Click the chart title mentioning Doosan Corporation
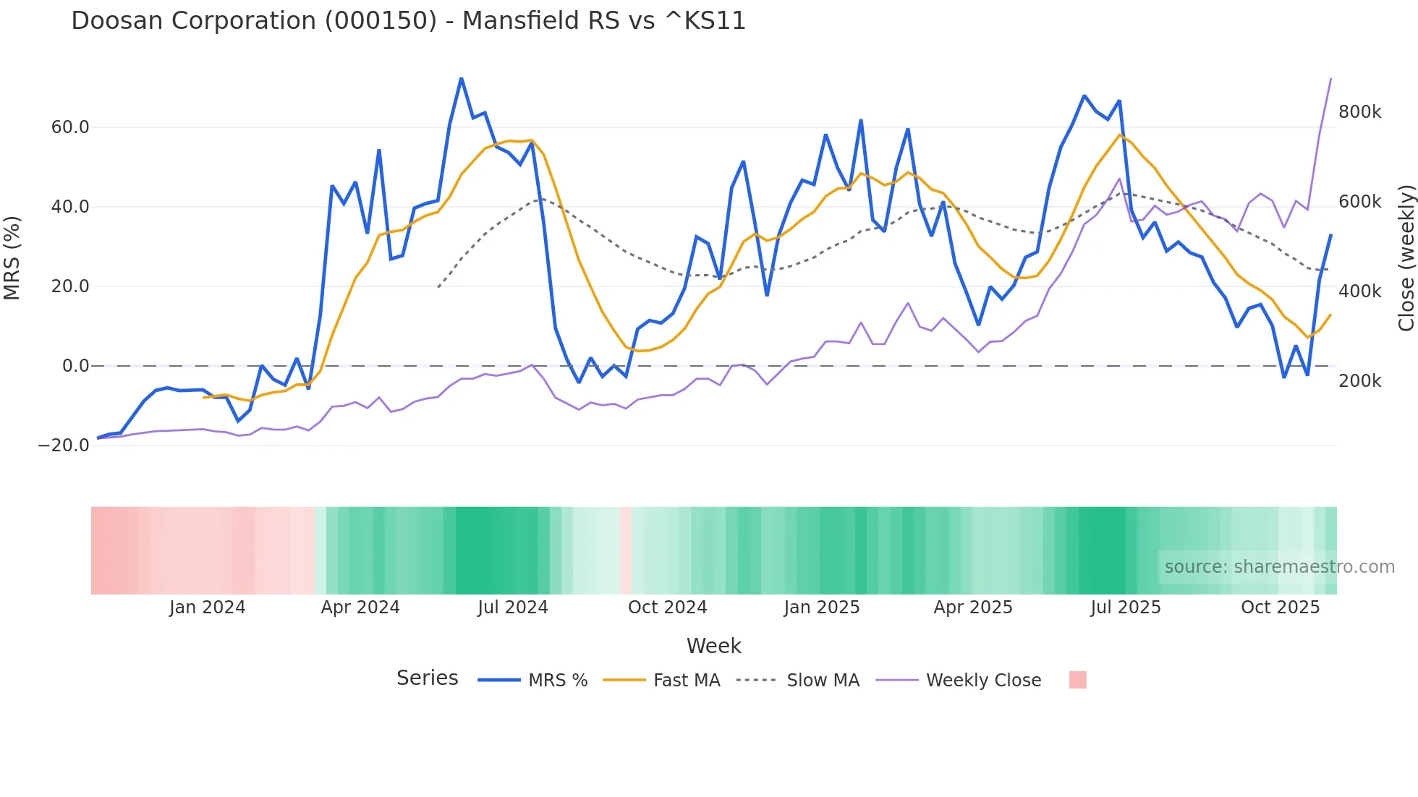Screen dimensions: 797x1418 (x=408, y=21)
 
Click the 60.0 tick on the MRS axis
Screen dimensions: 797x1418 (x=69, y=127)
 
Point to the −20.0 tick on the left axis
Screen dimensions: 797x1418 (x=64, y=446)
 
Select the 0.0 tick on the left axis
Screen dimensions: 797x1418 (x=75, y=366)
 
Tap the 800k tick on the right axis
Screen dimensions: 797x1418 (x=1359, y=112)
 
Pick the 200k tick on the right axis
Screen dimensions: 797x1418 (x=1359, y=381)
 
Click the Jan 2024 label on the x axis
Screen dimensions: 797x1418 (x=207, y=608)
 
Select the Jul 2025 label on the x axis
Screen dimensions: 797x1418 (x=1125, y=608)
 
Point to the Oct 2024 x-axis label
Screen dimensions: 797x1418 (x=667, y=608)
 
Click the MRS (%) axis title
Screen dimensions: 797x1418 (x=12, y=257)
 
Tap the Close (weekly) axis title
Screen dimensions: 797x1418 (x=1406, y=257)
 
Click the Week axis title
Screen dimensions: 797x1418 (x=713, y=646)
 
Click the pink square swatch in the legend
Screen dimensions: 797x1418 (x=1077, y=680)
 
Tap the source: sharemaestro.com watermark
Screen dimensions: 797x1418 (x=1279, y=567)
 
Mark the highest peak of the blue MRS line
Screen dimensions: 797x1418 (x=462, y=78)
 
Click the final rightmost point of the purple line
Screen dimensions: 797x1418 (x=1330, y=79)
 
